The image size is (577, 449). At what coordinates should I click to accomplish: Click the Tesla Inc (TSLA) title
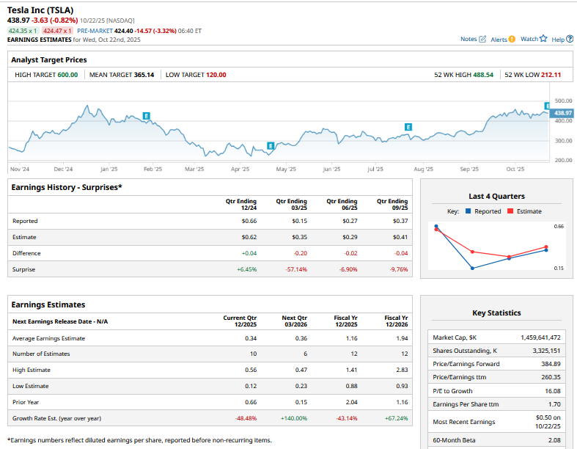click(40, 10)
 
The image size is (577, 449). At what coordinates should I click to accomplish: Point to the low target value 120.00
click(216, 75)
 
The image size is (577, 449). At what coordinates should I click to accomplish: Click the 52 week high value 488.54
click(482, 75)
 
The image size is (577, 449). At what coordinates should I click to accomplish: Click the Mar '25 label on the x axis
click(194, 169)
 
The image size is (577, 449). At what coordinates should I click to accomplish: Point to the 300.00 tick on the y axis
click(563, 140)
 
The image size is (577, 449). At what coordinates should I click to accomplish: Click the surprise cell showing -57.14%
click(296, 269)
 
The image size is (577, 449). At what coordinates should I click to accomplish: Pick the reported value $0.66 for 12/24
click(249, 221)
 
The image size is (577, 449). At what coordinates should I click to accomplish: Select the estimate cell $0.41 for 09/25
click(400, 237)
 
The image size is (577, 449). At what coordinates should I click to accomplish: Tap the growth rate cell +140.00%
click(294, 418)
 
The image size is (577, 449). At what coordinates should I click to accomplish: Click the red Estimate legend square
click(510, 211)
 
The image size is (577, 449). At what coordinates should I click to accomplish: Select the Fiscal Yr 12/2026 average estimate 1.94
click(400, 338)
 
